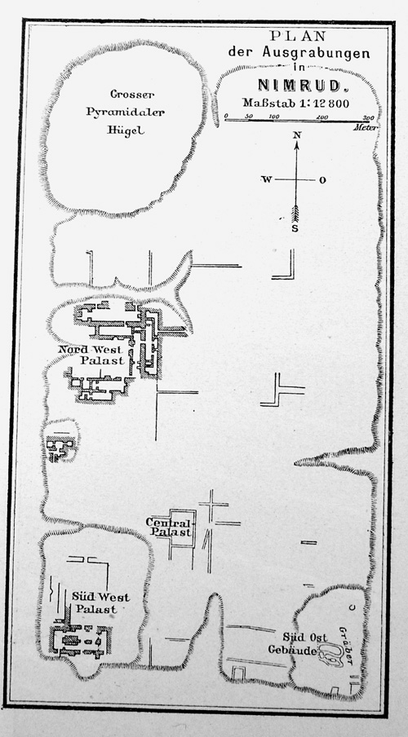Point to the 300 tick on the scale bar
coord(369,117)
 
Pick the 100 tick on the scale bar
coord(274,117)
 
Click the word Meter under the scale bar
coord(366,127)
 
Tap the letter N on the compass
coord(297,135)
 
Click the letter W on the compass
coord(266,179)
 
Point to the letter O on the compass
coord(322,180)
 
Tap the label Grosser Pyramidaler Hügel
coord(126,113)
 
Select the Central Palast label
coord(169,527)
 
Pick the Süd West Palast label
coord(100,603)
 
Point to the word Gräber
coord(346,645)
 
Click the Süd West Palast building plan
coord(80,640)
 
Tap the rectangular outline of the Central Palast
coord(194,527)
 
